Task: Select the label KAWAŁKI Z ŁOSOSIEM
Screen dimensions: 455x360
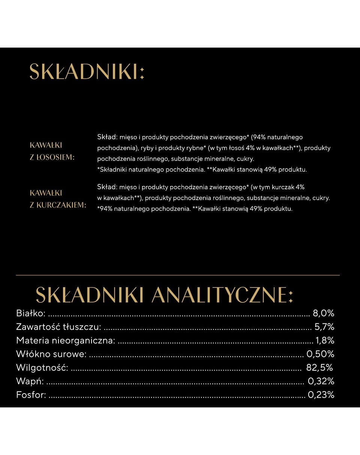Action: pos(52,151)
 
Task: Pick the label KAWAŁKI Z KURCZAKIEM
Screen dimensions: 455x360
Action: pos(58,199)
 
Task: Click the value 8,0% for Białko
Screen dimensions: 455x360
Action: pos(323,313)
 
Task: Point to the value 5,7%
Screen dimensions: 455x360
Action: pos(324,327)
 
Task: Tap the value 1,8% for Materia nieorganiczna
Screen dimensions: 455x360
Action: pos(324,340)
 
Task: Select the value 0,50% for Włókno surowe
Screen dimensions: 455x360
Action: pos(320,354)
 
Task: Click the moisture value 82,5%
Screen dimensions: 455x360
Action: pos(319,367)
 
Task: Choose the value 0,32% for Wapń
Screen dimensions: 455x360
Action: pos(321,381)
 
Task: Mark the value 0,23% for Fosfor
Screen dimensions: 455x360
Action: pos(321,395)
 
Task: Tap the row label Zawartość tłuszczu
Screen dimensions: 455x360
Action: pos(58,327)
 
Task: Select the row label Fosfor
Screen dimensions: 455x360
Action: pos(31,395)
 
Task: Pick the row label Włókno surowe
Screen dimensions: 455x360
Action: pos(51,354)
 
